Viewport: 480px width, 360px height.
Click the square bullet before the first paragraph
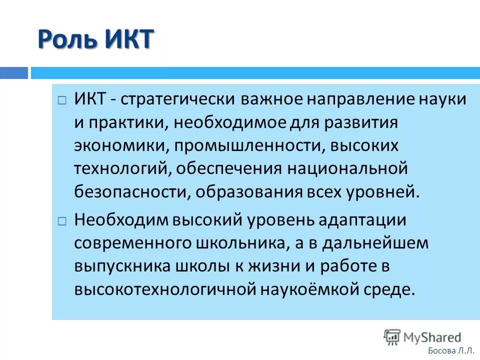point(61,100)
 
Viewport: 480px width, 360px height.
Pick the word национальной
point(347,169)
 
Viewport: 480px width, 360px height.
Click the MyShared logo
point(422,337)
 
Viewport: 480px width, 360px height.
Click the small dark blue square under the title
point(14,73)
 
